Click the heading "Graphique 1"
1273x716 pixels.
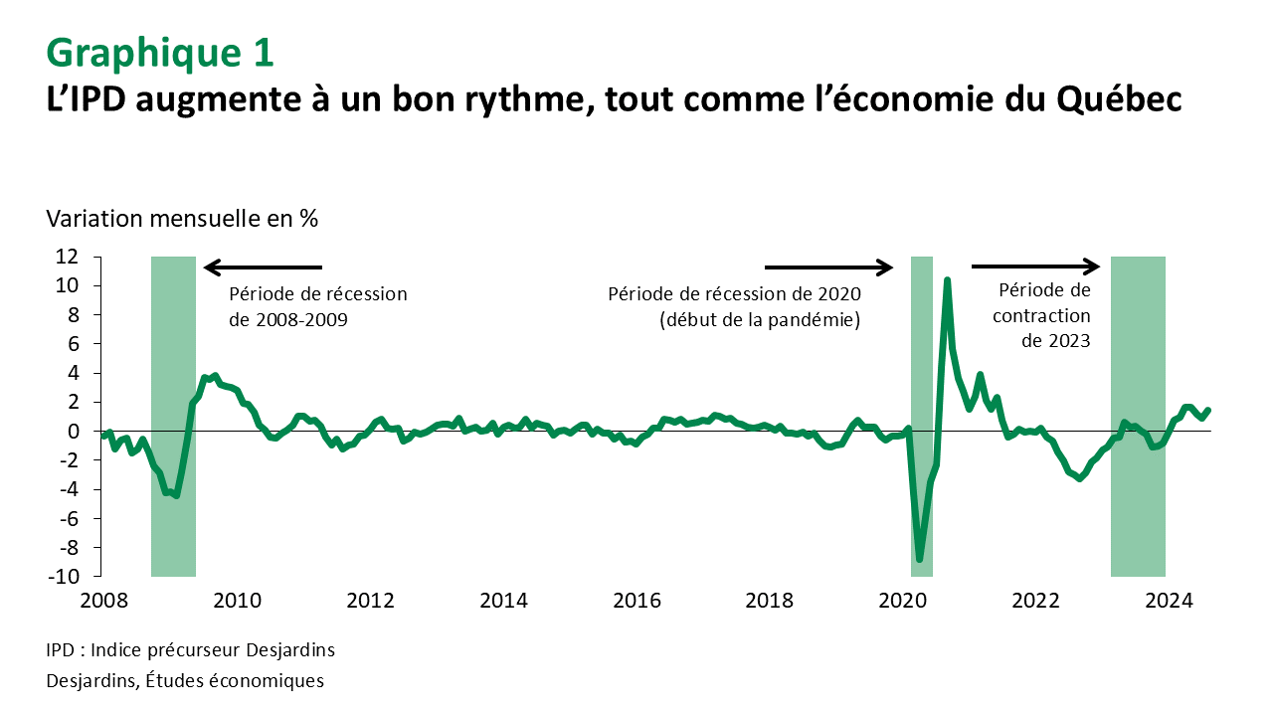[x=160, y=54]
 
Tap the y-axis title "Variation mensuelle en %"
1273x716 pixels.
[x=182, y=219]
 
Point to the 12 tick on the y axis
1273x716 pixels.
[x=79, y=257]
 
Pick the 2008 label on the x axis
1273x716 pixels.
[x=103, y=601]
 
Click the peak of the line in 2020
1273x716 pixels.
[x=947, y=280]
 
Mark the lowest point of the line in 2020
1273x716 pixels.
[x=920, y=560]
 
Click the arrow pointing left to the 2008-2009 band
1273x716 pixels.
[x=263, y=267]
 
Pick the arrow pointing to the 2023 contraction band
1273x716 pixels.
[x=1035, y=266]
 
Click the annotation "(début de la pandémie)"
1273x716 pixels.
[x=760, y=320]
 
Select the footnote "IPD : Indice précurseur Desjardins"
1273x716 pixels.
[x=190, y=650]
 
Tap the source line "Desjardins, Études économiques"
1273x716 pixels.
[x=185, y=681]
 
